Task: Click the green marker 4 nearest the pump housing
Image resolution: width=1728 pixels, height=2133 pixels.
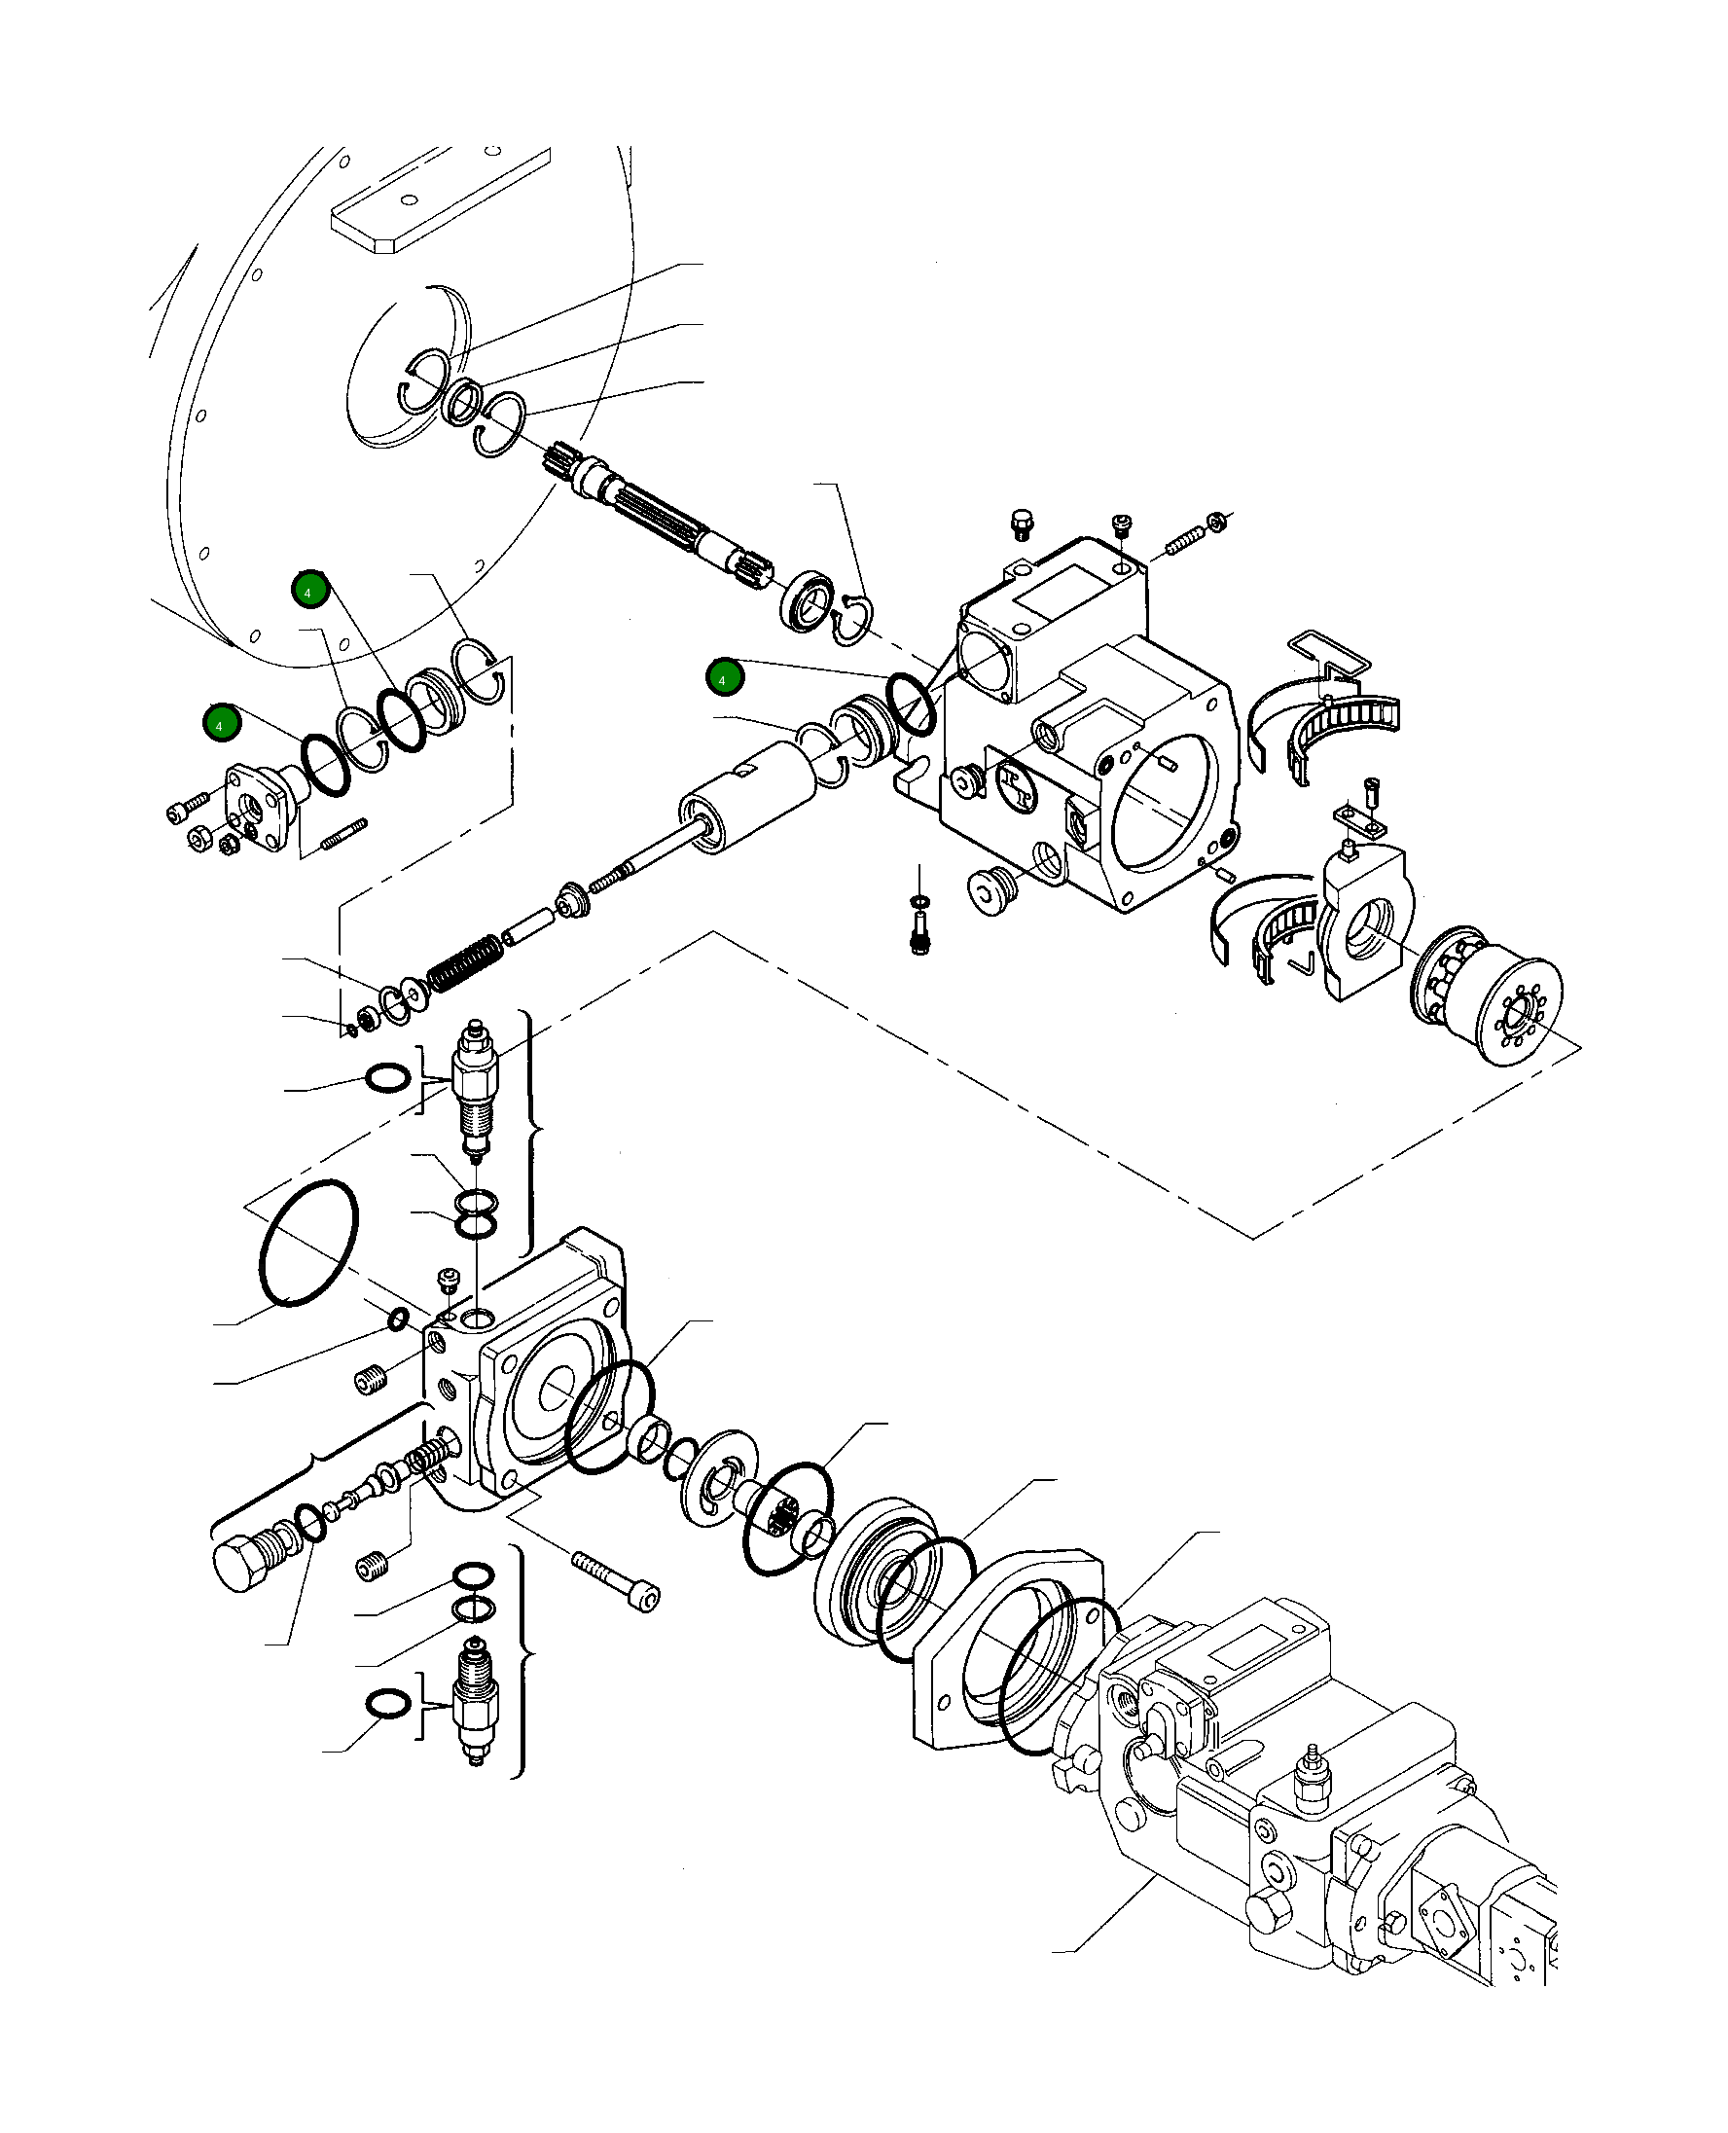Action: coord(724,678)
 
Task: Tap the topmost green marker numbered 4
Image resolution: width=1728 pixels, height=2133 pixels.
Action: coord(309,591)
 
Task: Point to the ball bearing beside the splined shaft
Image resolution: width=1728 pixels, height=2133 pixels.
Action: coord(808,600)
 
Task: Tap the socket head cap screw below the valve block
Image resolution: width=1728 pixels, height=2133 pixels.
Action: coord(617,1581)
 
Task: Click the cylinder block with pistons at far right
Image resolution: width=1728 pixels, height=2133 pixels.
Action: coord(1488,995)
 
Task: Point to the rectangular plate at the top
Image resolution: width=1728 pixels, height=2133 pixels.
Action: coord(438,199)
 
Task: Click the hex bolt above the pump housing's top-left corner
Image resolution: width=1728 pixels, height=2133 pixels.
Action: coord(1022,524)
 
